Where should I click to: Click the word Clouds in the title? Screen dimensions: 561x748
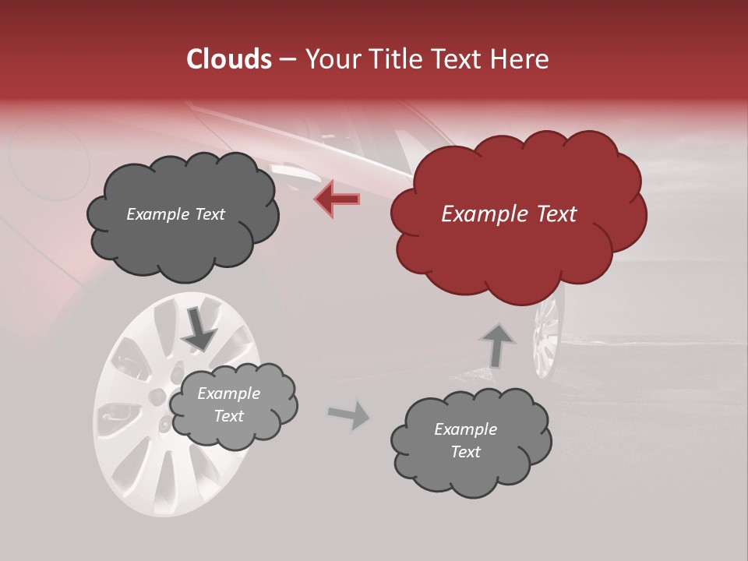tap(229, 59)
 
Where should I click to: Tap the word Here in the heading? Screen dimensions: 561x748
tap(522, 59)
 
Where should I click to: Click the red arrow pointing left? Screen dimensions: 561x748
tap(337, 199)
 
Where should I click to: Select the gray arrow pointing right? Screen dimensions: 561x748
tap(349, 415)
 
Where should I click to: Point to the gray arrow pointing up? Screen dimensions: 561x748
tap(497, 344)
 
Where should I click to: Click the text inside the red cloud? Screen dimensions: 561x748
tap(509, 214)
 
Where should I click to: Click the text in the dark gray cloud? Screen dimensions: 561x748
tap(175, 214)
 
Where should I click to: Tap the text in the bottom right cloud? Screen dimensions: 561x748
tap(465, 440)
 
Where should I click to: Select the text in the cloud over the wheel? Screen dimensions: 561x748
tap(228, 404)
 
